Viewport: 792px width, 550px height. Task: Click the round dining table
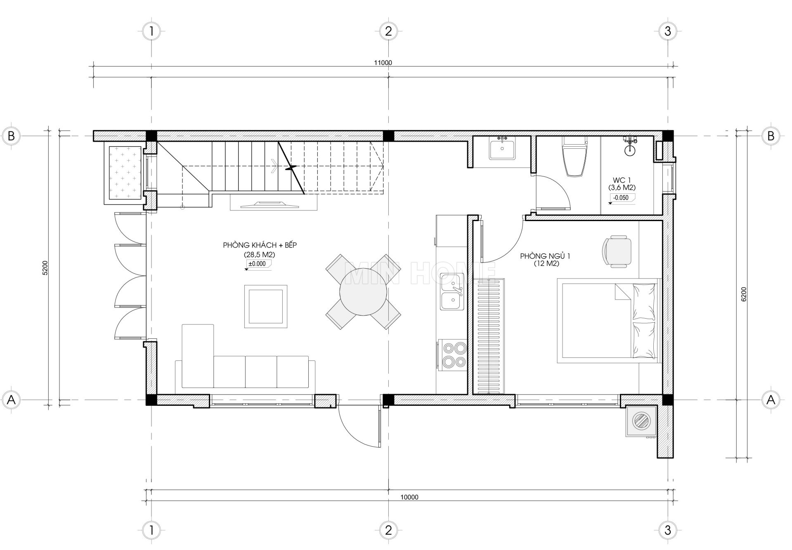coord(363,292)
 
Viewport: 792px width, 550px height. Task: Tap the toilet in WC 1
coord(575,157)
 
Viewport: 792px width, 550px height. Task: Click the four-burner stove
coord(454,354)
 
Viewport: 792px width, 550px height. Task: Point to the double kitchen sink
coord(452,291)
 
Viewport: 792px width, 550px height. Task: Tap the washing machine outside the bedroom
coord(641,421)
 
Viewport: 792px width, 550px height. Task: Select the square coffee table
coord(265,306)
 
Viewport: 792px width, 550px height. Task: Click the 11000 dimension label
coord(383,63)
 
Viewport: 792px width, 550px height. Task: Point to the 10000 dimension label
coord(409,497)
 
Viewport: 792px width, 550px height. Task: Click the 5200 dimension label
coord(45,268)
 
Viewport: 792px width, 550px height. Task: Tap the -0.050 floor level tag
coord(621,198)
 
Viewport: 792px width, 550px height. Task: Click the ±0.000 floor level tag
coord(257,264)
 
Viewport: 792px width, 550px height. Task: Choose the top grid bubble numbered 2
coord(388,31)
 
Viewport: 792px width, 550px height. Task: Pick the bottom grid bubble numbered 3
coord(668,530)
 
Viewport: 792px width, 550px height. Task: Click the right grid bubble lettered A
coord(770,400)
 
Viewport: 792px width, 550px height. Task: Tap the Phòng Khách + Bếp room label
coord(260,245)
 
